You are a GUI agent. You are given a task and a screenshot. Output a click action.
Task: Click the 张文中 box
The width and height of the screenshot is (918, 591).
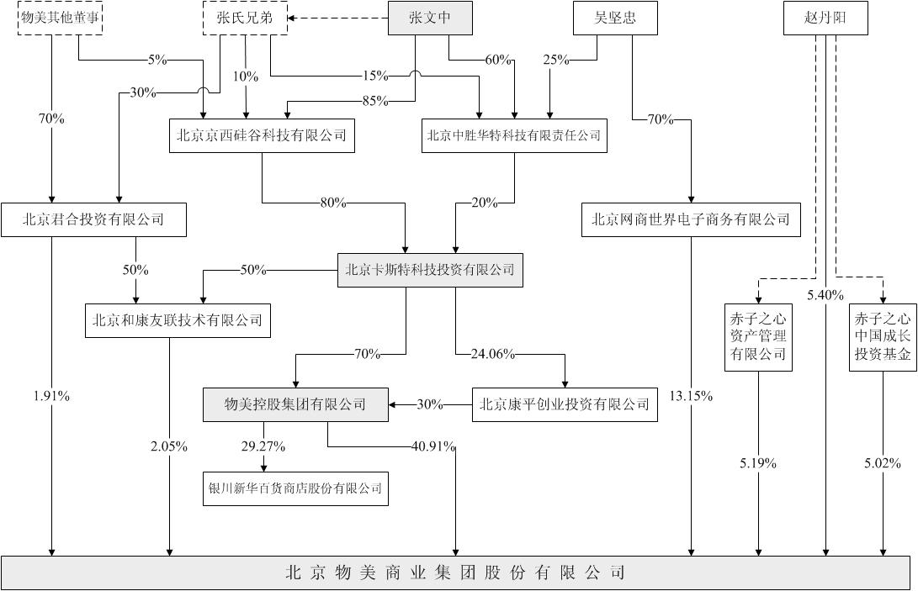430,18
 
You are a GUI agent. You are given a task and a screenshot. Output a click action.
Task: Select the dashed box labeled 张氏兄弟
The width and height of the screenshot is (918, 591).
245,18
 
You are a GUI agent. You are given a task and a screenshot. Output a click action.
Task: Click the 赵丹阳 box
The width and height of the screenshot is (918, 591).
825,18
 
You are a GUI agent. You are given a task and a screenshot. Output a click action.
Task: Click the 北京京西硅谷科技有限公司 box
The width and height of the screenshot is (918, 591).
262,135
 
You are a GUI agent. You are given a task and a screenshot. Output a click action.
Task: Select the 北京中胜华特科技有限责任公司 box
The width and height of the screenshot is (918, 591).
514,135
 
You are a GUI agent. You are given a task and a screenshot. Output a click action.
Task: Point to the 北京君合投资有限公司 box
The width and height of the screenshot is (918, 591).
93,220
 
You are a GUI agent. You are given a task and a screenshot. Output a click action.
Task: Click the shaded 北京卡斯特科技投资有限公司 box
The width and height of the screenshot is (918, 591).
430,270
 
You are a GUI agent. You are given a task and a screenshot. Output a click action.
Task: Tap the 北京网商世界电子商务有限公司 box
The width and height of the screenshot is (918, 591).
691,220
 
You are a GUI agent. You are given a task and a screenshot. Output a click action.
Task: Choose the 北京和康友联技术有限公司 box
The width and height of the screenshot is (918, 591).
178,320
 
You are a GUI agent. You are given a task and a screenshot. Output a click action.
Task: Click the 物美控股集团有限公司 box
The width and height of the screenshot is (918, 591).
295,404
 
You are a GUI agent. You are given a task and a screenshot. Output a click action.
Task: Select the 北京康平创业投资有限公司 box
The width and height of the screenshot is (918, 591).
565,404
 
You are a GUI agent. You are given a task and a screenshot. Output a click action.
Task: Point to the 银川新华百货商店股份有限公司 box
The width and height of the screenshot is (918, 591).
295,488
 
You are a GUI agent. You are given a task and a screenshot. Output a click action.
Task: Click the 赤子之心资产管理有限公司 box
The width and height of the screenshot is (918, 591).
758,337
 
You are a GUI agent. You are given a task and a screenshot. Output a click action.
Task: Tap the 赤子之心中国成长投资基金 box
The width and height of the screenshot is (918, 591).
883,337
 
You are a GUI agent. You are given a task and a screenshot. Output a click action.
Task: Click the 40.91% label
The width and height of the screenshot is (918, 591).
434,447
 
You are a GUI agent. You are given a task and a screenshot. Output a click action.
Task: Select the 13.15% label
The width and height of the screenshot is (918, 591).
692,397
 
